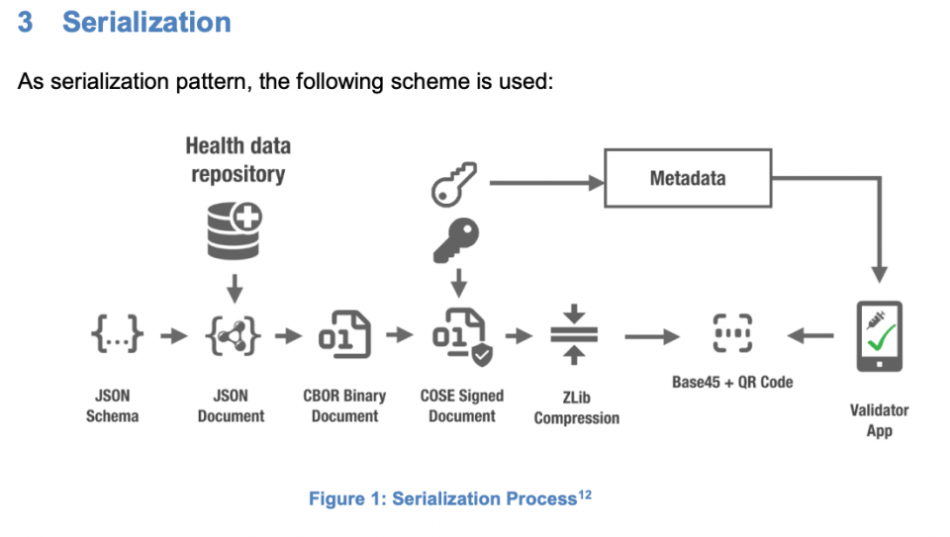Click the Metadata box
(x=687, y=179)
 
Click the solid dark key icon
(x=456, y=240)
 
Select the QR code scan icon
(x=733, y=335)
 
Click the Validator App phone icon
(x=878, y=336)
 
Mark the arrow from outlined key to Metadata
(x=544, y=183)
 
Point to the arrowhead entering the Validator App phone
(x=879, y=274)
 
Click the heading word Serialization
(x=146, y=23)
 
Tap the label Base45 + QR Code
(x=732, y=382)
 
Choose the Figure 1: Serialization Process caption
(x=442, y=499)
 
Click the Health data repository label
(x=237, y=160)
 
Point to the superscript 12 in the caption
(x=584, y=493)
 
